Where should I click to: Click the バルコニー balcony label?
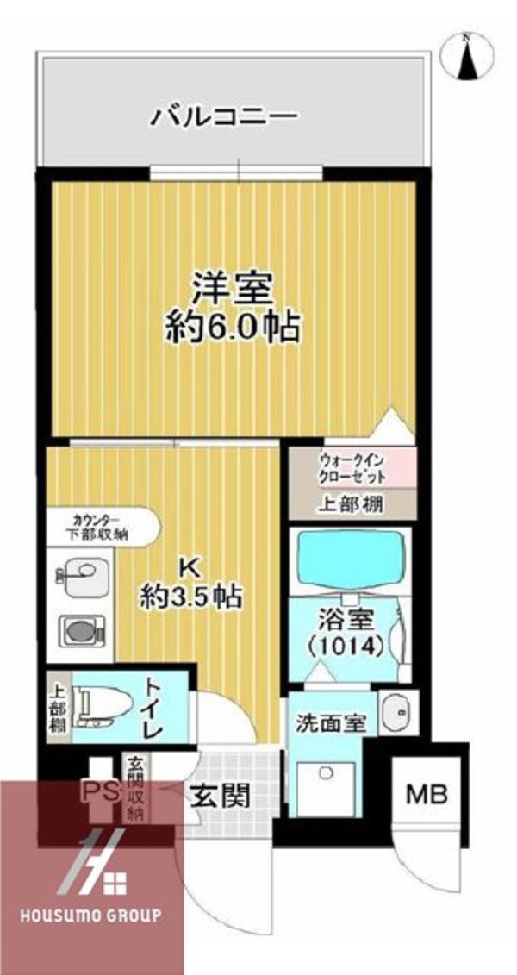[225, 116]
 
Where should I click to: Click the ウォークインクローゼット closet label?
[352, 468]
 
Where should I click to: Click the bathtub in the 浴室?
[349, 560]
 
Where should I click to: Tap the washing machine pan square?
[327, 785]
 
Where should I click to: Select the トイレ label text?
[151, 707]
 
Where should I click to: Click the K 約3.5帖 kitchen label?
[191, 582]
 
